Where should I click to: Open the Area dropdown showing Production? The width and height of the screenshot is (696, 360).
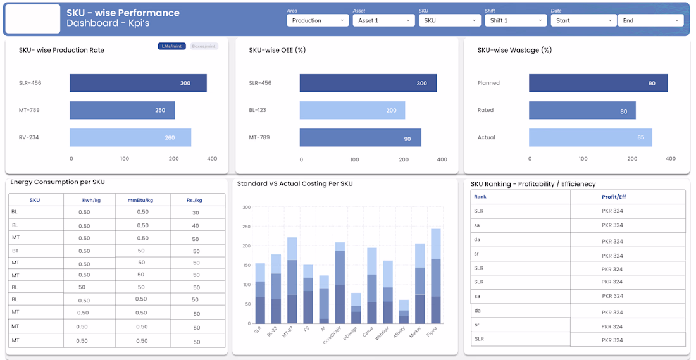point(318,20)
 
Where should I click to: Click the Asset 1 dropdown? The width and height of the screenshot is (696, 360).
point(383,20)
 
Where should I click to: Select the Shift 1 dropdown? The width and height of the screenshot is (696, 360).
point(515,20)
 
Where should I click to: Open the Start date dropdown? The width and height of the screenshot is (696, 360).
point(583,20)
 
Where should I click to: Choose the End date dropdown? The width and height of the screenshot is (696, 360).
point(650,20)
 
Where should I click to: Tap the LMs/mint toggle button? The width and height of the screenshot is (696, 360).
point(171,46)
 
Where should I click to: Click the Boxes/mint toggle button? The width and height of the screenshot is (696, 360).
point(204,46)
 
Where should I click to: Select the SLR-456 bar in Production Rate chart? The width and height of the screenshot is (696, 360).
point(138,83)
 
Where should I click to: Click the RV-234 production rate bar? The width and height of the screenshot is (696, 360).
point(130,137)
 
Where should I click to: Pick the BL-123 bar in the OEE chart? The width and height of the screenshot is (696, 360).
point(352,110)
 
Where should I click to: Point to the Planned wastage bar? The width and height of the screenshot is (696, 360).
point(598,83)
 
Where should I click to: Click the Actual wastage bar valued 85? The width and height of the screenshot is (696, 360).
point(590,137)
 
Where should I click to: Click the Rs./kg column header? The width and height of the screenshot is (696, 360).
point(196,200)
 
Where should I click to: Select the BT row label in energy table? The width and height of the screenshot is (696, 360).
point(15,251)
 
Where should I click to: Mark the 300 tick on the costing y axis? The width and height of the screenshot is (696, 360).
point(246,207)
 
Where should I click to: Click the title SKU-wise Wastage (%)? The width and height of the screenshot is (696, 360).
point(514,50)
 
